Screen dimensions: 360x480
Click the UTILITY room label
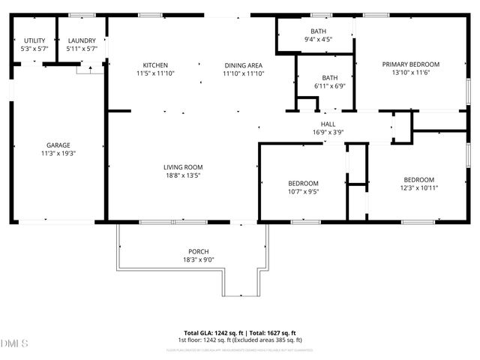(x=34, y=40)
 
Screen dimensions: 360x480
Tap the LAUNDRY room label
(x=81, y=40)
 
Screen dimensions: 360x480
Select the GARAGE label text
(x=58, y=145)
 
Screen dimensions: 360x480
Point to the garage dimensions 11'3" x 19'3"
(x=58, y=153)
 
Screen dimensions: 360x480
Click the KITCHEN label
(x=155, y=65)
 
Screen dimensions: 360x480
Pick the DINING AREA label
(x=243, y=65)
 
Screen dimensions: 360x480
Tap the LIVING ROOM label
(x=183, y=167)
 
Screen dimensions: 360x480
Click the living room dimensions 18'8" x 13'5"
(x=183, y=175)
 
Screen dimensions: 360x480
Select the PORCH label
(x=199, y=251)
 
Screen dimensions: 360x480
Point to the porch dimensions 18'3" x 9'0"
(x=199, y=259)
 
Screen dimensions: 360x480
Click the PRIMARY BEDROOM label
(x=410, y=64)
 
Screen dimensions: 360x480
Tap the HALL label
(x=328, y=124)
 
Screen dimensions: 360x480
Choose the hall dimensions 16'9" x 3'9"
(x=328, y=133)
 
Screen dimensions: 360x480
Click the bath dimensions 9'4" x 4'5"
(x=318, y=39)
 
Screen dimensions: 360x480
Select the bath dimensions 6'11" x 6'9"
(x=330, y=86)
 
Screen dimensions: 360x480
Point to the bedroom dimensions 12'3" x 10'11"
(x=418, y=187)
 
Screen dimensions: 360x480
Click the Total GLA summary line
(x=240, y=333)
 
